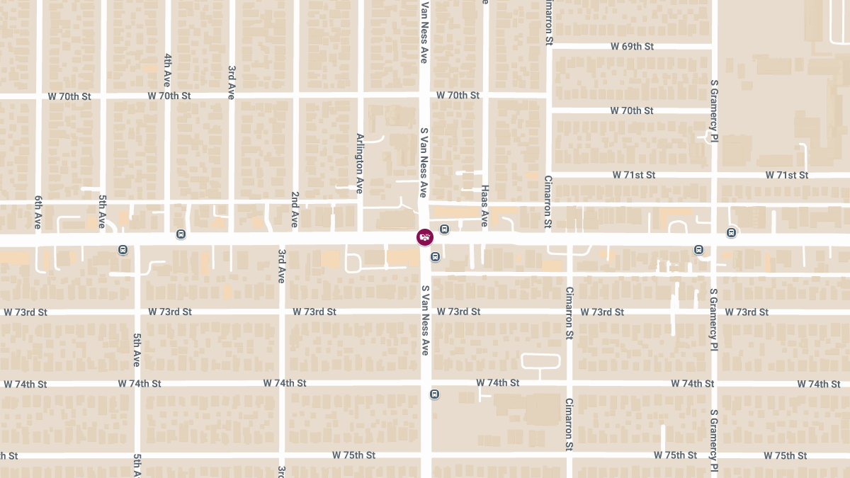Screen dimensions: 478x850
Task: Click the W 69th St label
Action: coord(632,46)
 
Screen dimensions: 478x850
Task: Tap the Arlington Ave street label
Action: coord(360,164)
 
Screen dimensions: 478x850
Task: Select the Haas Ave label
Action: coord(485,206)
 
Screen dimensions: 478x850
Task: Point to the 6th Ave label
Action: coord(38,212)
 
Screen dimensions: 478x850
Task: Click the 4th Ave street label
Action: coord(168,69)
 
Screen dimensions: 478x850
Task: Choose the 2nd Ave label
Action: coord(295,210)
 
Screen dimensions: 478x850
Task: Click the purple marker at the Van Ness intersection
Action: coord(424,237)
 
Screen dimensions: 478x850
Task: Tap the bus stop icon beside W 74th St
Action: coord(434,394)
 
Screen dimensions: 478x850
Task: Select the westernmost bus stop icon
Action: coord(123,249)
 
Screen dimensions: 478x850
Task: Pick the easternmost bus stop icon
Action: coord(731,232)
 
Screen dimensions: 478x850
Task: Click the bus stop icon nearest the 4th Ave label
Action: coord(181,234)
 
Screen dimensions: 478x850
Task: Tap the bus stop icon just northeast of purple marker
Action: coord(444,229)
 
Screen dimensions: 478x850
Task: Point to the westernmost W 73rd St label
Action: coord(25,312)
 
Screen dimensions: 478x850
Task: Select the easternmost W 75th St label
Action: coord(786,455)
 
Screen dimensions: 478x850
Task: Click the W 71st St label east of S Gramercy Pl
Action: coord(786,175)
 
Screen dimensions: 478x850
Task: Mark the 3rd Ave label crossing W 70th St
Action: coord(232,82)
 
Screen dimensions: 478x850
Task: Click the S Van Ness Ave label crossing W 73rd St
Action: coord(426,320)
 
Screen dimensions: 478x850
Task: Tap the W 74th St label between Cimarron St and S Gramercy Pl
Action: coord(693,384)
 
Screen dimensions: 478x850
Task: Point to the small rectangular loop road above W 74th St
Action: coord(540,361)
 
